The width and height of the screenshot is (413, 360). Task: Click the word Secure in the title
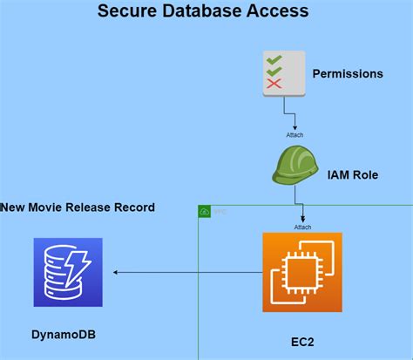pyautogui.click(x=126, y=12)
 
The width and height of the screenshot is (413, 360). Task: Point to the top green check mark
pyautogui.click(x=274, y=59)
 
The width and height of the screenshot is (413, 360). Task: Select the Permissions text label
pyautogui.click(x=348, y=74)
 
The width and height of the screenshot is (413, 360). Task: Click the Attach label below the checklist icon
pyautogui.click(x=295, y=134)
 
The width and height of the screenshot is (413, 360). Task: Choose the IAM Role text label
pyautogui.click(x=352, y=174)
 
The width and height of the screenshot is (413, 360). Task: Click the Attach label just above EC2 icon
pyautogui.click(x=301, y=227)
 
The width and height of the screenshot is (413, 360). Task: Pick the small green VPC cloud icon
pyautogui.click(x=205, y=212)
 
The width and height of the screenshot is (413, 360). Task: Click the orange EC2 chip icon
pyautogui.click(x=301, y=272)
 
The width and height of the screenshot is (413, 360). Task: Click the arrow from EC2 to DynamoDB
pyautogui.click(x=187, y=273)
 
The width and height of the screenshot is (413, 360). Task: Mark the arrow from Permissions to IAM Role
pyautogui.click(x=285, y=113)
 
